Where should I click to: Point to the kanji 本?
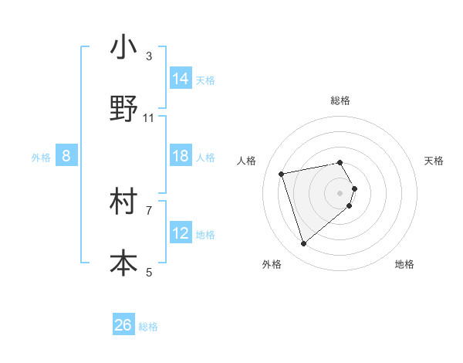coord(123,263)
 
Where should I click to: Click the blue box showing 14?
coord(181,79)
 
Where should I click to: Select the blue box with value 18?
coord(181,156)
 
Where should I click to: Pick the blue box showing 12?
coord(181,233)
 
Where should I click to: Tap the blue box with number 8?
coord(66,156)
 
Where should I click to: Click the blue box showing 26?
coord(123,325)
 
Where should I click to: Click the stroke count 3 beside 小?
coord(149,56)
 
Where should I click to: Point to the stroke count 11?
coord(149,118)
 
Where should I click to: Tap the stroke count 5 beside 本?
coord(149,272)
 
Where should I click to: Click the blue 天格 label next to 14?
coord(205,80)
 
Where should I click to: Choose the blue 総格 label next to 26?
coord(148,327)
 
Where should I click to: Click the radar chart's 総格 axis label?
coord(340,100)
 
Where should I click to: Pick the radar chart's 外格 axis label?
coord(272,264)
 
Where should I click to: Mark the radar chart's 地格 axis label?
coord(404,264)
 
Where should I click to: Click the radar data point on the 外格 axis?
coord(304,244)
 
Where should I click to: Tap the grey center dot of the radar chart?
coord(340,192)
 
